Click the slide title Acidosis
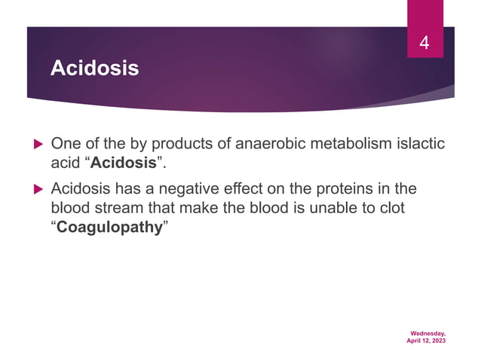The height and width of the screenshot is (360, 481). coord(94,69)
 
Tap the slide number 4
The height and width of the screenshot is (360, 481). coord(424,44)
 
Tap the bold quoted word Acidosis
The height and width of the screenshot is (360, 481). coord(123,163)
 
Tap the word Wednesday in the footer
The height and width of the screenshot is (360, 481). coord(427,332)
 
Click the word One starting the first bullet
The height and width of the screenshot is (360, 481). coord(64,143)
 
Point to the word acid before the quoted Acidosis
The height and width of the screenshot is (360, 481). coord(63,163)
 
